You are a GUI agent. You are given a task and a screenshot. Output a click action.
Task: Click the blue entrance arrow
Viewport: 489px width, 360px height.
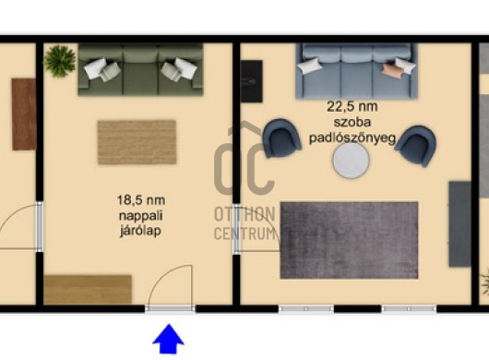point(169,339)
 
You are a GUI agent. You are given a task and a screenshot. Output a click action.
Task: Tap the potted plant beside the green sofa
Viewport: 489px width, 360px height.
point(60,61)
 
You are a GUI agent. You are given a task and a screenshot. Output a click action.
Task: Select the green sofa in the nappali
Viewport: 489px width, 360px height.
point(140,69)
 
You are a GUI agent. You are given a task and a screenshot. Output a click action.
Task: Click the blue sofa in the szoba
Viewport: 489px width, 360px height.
point(356,71)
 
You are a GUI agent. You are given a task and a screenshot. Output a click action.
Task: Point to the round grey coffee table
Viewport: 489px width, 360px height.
point(351,160)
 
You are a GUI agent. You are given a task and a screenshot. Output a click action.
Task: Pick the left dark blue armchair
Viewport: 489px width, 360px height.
point(281,138)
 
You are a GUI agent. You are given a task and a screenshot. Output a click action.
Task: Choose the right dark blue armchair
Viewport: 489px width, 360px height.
point(416,145)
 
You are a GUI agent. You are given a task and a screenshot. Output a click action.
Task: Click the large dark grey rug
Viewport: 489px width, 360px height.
point(349,240)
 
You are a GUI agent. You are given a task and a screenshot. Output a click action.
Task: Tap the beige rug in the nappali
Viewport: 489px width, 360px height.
point(137,142)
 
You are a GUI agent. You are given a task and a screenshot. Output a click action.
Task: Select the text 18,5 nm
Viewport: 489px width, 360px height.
point(141,200)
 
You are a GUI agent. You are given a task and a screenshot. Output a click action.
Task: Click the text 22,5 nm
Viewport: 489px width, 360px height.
point(352,107)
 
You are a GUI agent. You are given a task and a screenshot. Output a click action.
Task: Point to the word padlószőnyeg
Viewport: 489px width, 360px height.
point(352,138)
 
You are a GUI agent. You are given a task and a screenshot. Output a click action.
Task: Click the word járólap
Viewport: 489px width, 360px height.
point(140,231)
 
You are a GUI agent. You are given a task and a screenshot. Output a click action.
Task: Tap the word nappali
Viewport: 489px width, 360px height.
point(140,216)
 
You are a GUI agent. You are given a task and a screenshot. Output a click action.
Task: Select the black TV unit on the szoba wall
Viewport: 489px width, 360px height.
point(251,81)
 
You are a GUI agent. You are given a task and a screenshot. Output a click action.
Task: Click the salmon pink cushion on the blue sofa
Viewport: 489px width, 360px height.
point(392,70)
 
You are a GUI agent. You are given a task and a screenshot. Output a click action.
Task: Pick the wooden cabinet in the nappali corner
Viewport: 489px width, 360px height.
point(88,290)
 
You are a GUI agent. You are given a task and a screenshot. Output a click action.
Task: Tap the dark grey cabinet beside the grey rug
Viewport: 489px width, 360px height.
point(459,224)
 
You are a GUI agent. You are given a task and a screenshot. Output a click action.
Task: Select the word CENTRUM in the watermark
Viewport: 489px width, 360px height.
point(244,234)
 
